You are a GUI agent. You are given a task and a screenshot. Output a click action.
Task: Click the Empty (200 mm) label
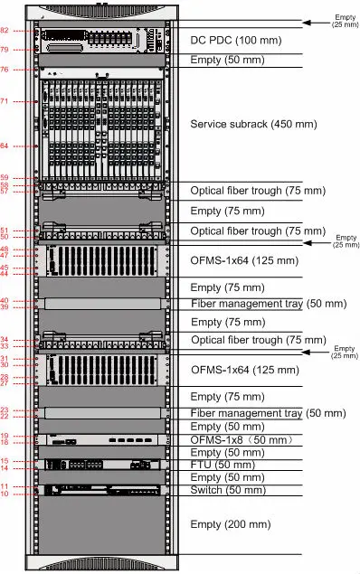coord(231,524)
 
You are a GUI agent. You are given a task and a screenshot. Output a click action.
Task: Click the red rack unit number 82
coord(30,32)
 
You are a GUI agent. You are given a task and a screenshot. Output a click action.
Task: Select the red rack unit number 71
coord(30,101)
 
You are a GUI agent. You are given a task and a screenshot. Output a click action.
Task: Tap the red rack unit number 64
coord(30,146)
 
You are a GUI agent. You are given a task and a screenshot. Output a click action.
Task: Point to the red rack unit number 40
coord(30,301)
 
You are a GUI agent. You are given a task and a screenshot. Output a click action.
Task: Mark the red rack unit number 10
coord(30,494)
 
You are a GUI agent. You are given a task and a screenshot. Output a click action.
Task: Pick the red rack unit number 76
coord(30,70)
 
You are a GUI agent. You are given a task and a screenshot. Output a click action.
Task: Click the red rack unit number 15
coord(30,462)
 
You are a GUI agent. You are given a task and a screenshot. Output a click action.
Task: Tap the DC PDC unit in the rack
coord(100,41)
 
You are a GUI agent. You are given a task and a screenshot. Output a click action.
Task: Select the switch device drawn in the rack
coord(100,490)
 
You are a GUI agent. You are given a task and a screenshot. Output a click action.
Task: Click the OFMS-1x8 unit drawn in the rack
coord(100,439)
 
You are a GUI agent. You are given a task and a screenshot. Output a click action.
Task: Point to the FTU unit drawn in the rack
coord(100,465)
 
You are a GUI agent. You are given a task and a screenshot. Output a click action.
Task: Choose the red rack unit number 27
coord(30,384)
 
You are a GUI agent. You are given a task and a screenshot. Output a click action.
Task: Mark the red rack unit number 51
coord(30,231)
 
